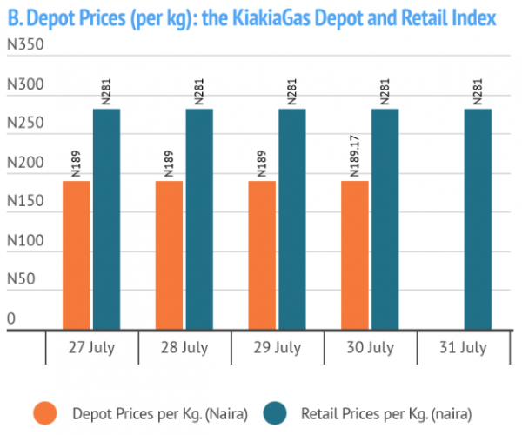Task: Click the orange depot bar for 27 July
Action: click(x=77, y=255)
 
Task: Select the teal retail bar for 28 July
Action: click(x=199, y=219)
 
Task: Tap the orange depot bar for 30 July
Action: click(x=355, y=255)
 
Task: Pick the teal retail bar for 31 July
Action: click(x=478, y=219)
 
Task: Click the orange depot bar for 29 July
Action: click(x=262, y=255)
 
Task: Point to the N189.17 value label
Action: click(x=355, y=156)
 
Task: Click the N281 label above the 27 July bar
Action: click(x=106, y=91)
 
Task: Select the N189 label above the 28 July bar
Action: click(x=169, y=164)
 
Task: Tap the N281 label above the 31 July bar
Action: click(x=478, y=91)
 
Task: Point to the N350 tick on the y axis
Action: click(x=25, y=44)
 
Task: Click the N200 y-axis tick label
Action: click(x=25, y=163)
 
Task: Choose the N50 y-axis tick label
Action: click(x=21, y=279)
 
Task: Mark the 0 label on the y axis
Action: click(x=11, y=318)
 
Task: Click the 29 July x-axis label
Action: click(x=278, y=348)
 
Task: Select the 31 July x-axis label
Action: click(x=463, y=348)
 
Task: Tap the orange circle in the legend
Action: click(x=45, y=413)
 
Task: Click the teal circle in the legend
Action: click(x=275, y=413)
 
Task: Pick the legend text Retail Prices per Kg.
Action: click(x=365, y=414)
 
